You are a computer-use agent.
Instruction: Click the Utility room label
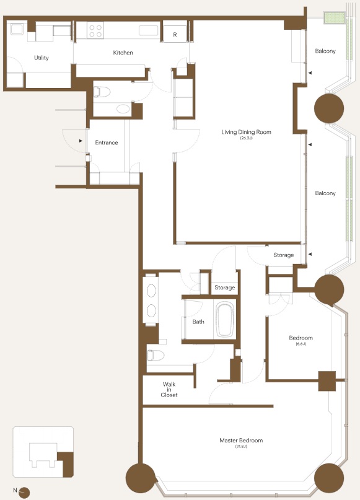pyautogui.click(x=42, y=58)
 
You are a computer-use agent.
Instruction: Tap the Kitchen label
pyautogui.click(x=123, y=53)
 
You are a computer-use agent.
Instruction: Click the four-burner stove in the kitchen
pyautogui.click(x=95, y=30)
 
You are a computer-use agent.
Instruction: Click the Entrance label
pyautogui.click(x=107, y=143)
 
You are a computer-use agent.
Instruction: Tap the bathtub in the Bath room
pyautogui.click(x=225, y=320)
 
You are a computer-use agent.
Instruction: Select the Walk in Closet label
pyautogui.click(x=169, y=390)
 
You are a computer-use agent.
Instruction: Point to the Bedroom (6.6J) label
pyautogui.click(x=301, y=340)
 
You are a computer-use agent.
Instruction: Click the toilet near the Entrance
pyautogui.click(x=102, y=92)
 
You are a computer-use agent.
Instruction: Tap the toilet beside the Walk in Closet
pyautogui.click(x=156, y=355)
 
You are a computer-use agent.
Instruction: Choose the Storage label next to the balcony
pyautogui.click(x=283, y=255)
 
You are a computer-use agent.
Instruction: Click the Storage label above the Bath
pyautogui.click(x=224, y=287)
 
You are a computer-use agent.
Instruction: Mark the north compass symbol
pyautogui.click(x=24, y=493)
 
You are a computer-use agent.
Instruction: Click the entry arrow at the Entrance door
pyautogui.click(x=81, y=141)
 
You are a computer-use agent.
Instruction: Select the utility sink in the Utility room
pyautogui.click(x=17, y=30)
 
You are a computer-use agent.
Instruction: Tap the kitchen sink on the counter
pyautogui.click(x=148, y=30)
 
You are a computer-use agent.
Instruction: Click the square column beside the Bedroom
pyautogui.click(x=327, y=381)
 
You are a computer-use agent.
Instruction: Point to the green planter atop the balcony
pyautogui.click(x=335, y=17)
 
